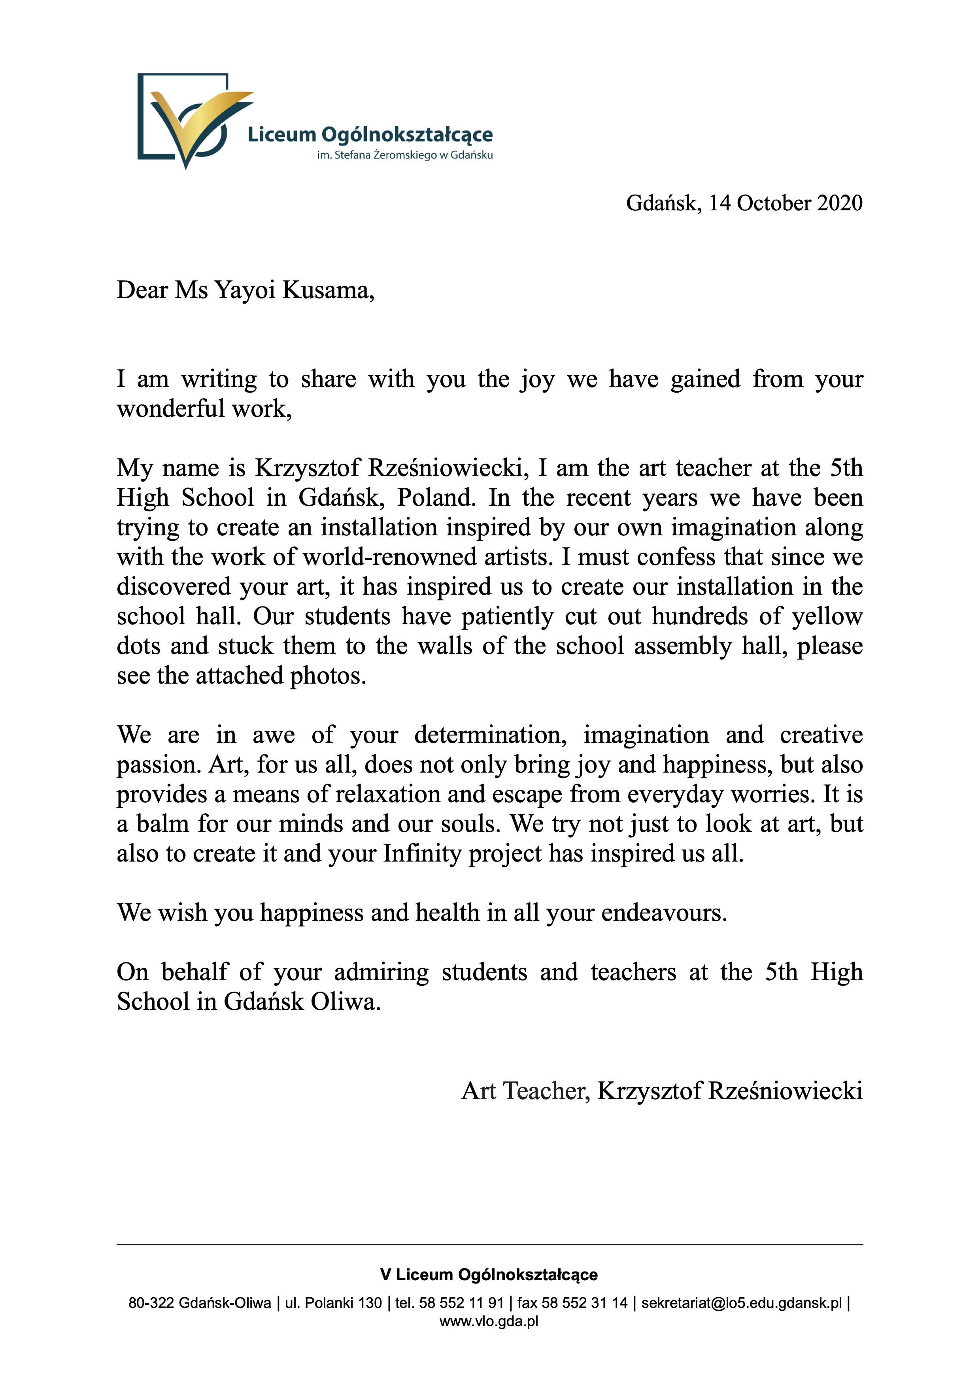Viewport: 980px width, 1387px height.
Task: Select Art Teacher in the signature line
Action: pyautogui.click(x=525, y=1091)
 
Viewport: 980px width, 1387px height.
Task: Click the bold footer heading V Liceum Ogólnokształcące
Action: pyautogui.click(x=489, y=1275)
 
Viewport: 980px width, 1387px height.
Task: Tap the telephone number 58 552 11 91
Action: pyautogui.click(x=461, y=1303)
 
